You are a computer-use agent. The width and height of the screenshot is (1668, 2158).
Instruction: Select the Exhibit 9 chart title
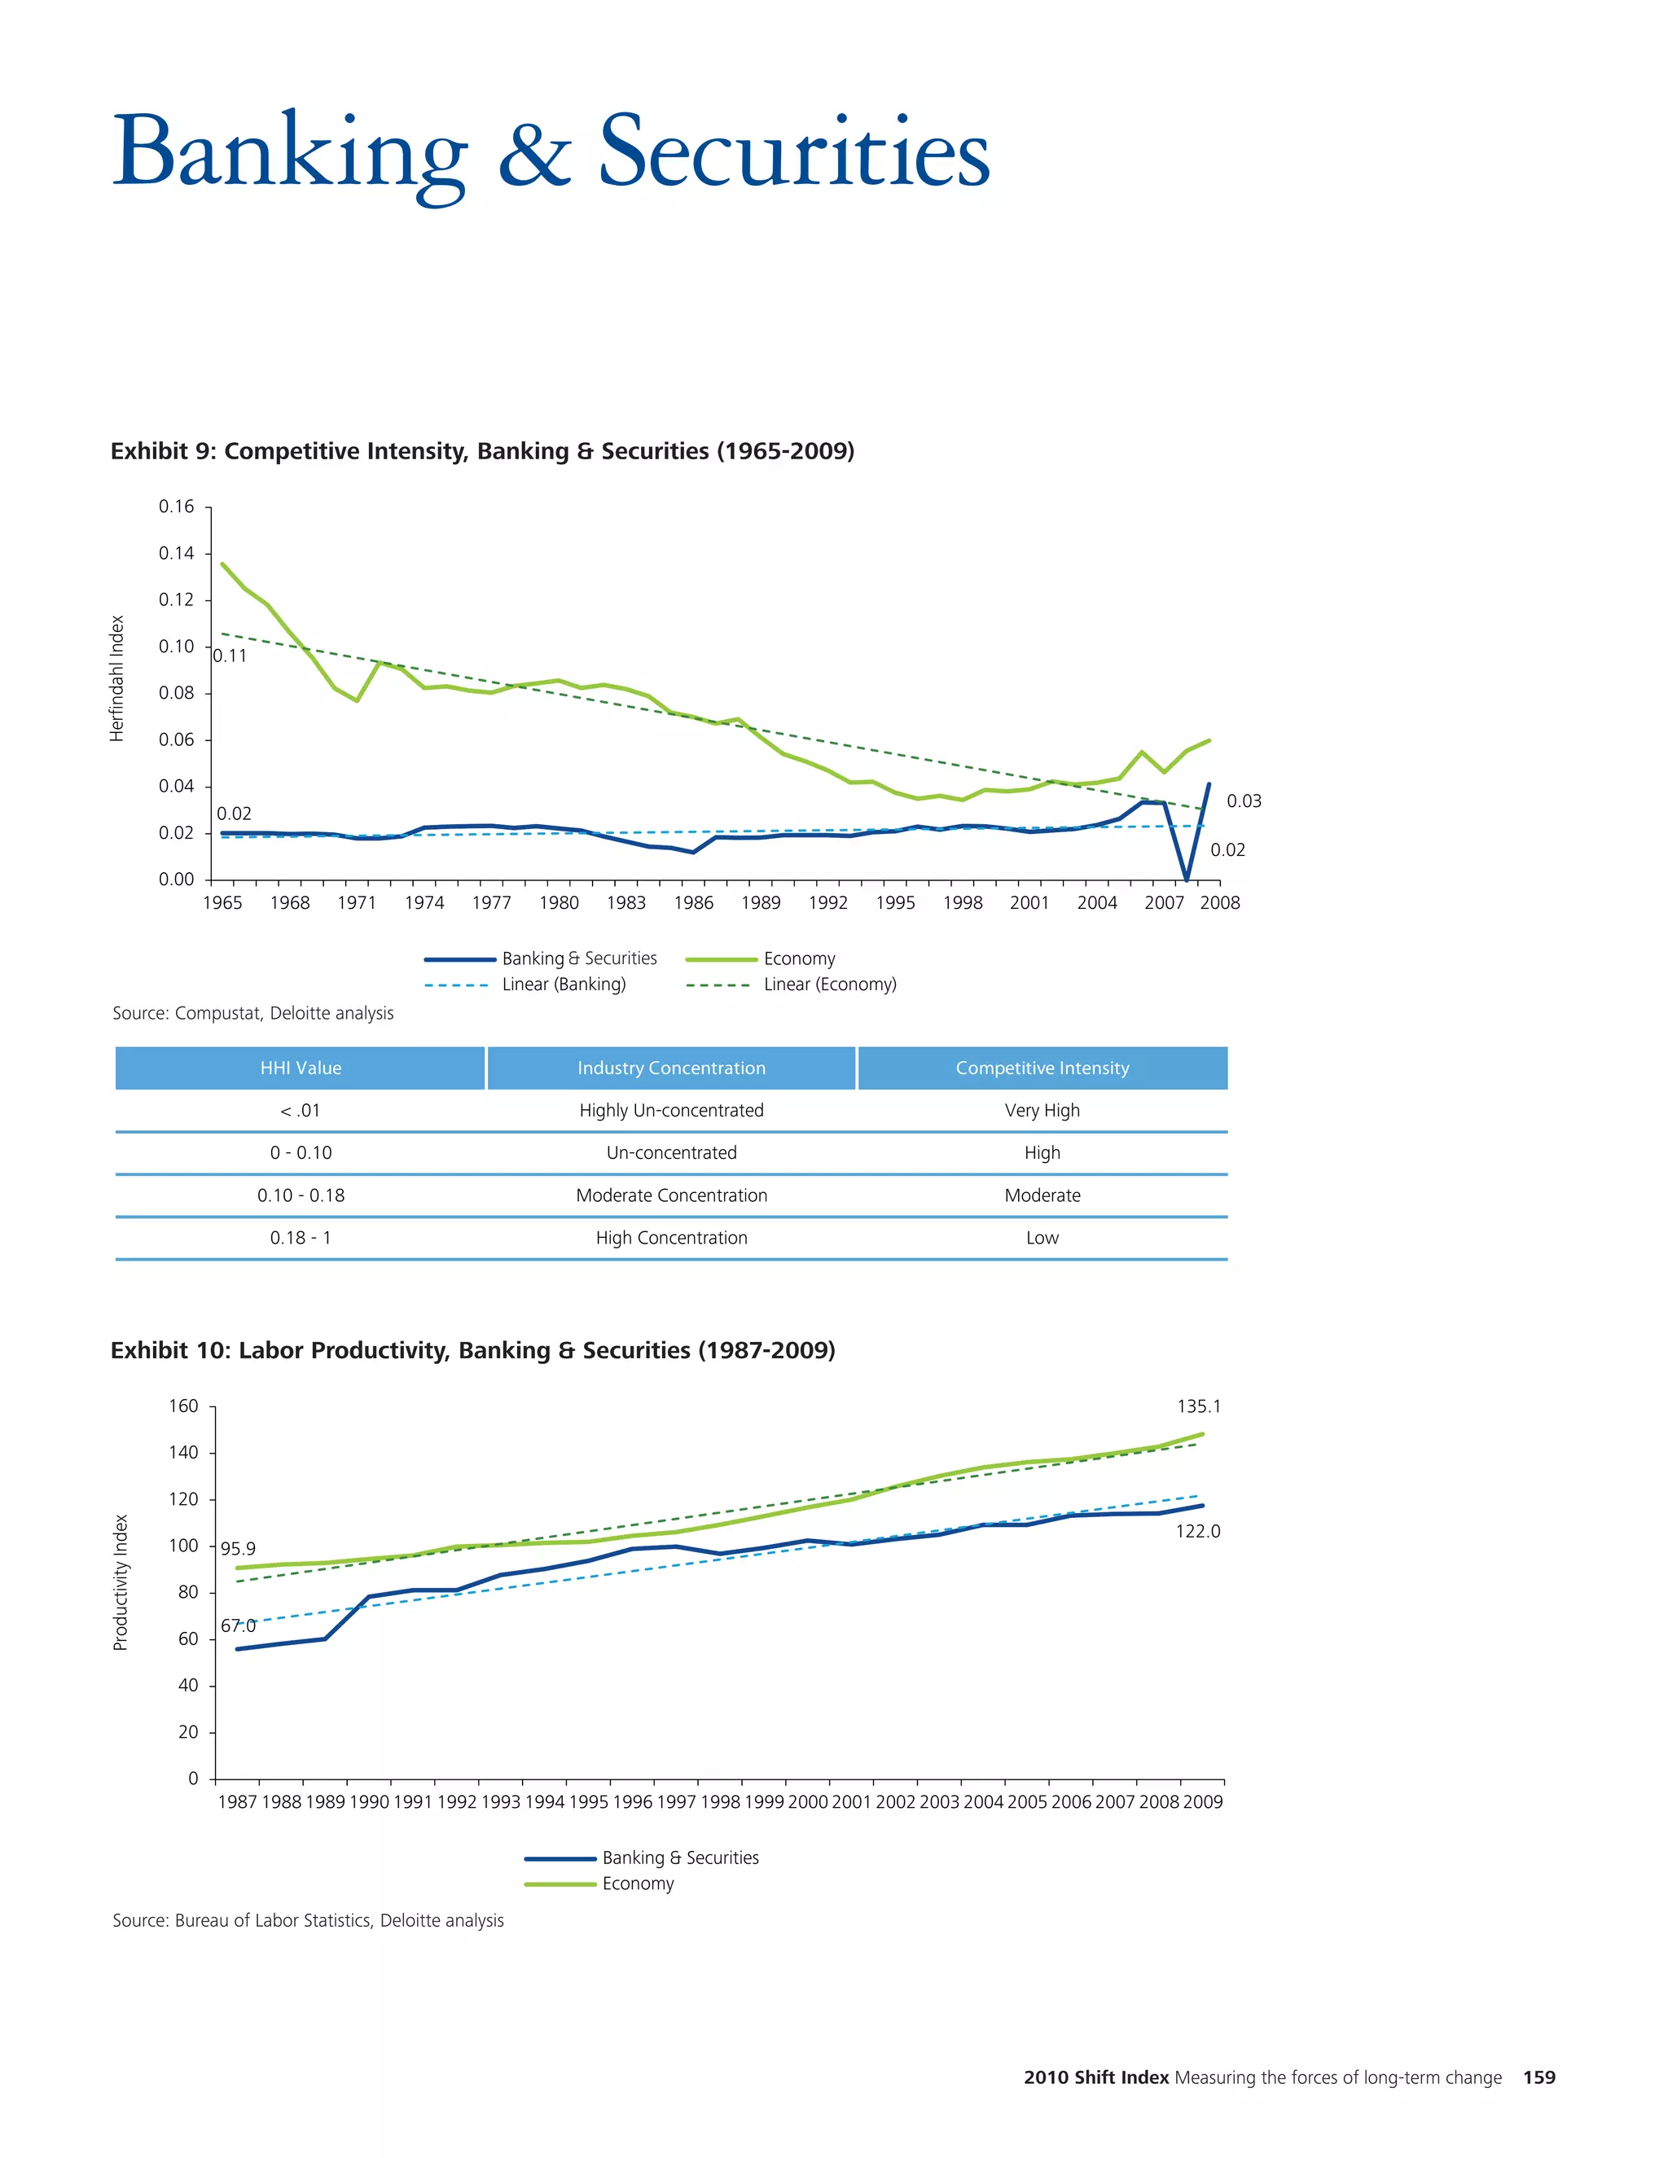[x=482, y=452]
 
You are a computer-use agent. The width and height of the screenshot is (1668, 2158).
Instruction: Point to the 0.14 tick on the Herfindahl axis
[x=177, y=553]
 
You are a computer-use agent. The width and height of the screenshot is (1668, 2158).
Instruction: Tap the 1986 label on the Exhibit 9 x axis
[x=694, y=902]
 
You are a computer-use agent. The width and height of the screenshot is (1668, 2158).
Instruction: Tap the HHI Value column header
[x=301, y=1068]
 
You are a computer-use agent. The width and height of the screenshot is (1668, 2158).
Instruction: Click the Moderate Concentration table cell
[x=671, y=1195]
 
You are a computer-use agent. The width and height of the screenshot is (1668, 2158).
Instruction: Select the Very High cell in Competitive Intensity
[x=1042, y=1111]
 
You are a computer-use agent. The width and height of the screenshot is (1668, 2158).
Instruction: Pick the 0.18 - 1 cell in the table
[x=301, y=1238]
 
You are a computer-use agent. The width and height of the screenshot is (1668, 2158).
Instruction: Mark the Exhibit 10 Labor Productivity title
[x=472, y=1351]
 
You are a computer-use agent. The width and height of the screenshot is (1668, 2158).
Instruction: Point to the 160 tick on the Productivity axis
[x=184, y=1406]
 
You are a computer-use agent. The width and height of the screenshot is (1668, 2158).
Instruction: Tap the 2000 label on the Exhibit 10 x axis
[x=807, y=1801]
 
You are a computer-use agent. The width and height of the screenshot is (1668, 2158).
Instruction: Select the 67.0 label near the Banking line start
[x=237, y=1625]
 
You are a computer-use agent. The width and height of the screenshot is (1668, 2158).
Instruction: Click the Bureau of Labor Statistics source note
[x=309, y=1920]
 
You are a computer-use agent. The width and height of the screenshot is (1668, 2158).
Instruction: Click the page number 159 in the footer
[x=1539, y=2078]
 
